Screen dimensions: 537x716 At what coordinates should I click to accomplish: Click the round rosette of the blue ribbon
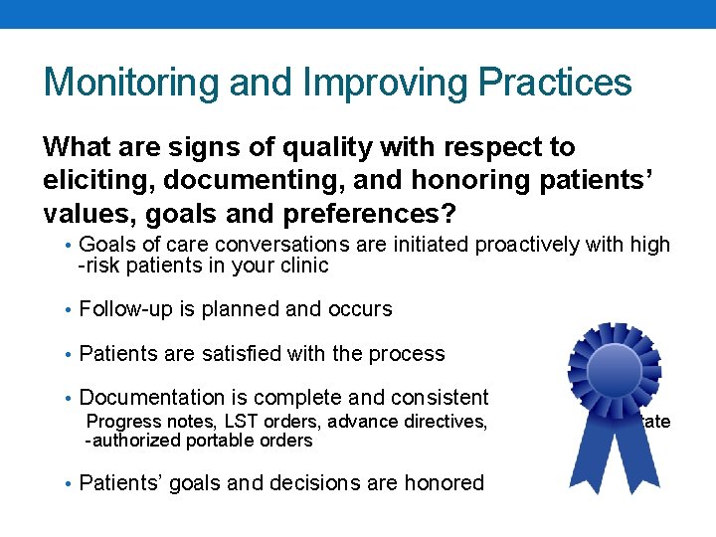614,371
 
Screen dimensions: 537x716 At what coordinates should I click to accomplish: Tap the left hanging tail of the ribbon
586,452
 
